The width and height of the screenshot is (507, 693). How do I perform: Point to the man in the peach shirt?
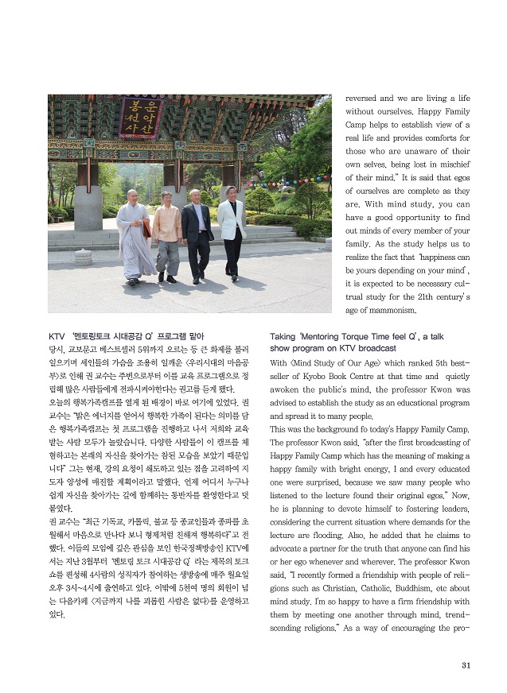pyautogui.click(x=167, y=234)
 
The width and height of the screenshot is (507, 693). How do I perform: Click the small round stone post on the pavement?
pyautogui.click(x=83, y=257)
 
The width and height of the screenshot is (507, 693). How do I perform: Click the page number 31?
pyautogui.click(x=467, y=666)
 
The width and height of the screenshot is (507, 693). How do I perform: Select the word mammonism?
pyautogui.click(x=392, y=309)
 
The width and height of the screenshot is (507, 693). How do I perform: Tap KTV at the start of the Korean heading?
pyautogui.click(x=58, y=336)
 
